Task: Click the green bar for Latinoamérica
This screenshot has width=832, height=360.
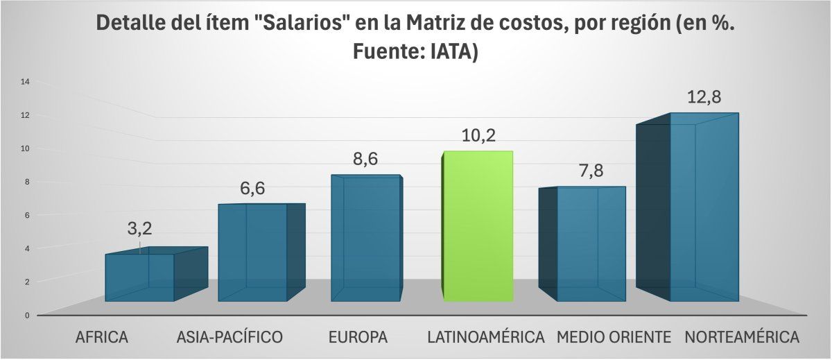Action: tap(478, 226)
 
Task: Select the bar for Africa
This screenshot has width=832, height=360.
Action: tap(139, 277)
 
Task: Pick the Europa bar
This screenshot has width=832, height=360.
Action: tap(365, 239)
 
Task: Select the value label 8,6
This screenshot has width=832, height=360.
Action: tap(365, 159)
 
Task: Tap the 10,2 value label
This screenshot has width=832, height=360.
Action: tap(478, 135)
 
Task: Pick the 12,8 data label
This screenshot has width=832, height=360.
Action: tap(704, 97)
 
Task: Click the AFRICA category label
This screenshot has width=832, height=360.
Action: tap(102, 338)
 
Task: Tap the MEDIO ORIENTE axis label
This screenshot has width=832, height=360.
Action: tap(614, 338)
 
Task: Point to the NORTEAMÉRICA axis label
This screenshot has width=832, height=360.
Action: tap(741, 338)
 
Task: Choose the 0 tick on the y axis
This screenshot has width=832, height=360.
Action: tap(27, 315)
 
